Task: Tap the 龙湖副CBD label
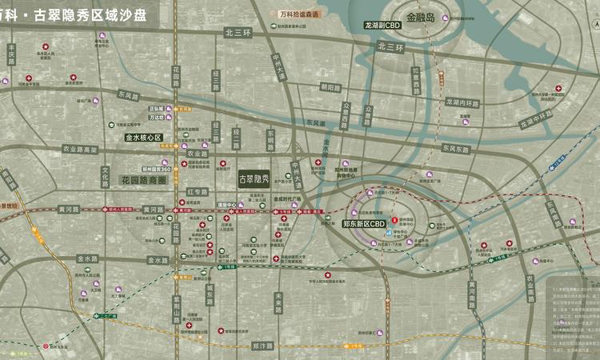click(x=382, y=26)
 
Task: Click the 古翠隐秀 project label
click(x=254, y=181)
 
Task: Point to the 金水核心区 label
click(x=144, y=138)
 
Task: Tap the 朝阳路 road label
click(x=330, y=87)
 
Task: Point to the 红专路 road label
click(x=198, y=191)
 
